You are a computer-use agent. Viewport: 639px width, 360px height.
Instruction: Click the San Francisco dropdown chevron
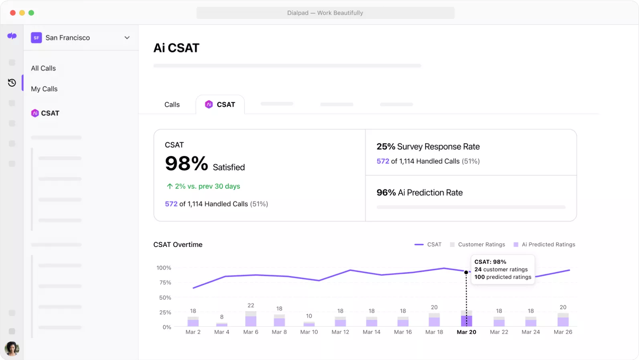127,38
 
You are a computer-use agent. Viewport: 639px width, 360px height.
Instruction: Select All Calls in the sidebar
43,68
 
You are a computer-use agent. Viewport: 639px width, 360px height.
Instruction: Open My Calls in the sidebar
44,89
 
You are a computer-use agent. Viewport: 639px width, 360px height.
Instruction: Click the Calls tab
172,105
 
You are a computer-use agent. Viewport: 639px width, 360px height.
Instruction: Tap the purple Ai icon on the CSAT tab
209,105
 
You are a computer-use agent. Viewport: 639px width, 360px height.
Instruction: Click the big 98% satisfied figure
186,164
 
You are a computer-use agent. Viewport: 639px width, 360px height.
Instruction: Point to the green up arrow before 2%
170,186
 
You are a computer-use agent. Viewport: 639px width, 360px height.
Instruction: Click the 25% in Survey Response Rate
386,147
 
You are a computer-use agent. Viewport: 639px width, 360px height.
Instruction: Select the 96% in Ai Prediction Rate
386,193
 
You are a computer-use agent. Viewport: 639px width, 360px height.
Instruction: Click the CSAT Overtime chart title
178,245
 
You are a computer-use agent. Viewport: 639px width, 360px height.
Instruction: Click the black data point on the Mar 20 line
466,272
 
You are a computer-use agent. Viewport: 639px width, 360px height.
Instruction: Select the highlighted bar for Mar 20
466,320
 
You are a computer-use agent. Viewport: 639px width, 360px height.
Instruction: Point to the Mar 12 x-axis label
340,332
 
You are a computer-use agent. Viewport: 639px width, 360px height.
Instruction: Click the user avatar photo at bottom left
12,348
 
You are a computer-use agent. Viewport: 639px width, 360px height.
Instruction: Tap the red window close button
13,13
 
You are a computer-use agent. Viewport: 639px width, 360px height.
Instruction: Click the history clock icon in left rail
12,83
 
